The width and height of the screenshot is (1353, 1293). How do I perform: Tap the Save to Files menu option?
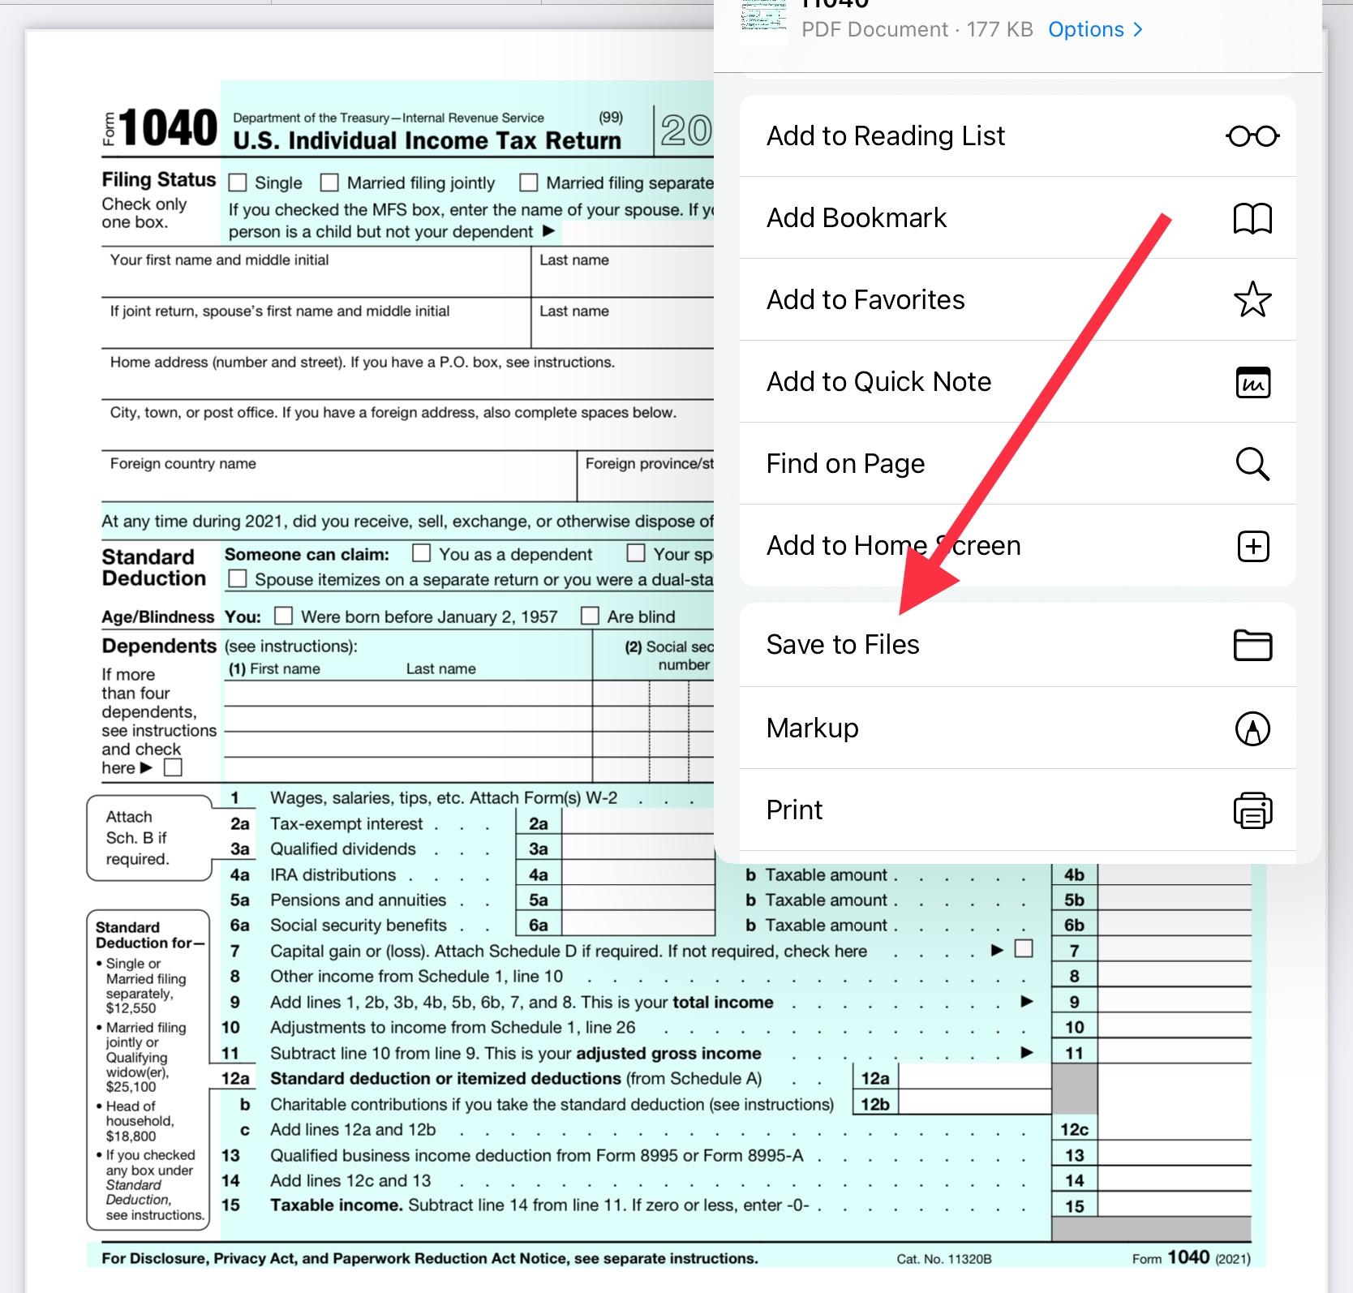tap(843, 645)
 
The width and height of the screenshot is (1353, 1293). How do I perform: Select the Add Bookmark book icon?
tap(1252, 218)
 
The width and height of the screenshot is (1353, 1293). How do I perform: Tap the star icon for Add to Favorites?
tap(1252, 300)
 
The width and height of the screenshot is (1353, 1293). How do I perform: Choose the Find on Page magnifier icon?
tap(1252, 464)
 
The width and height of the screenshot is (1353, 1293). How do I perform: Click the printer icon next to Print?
tap(1252, 810)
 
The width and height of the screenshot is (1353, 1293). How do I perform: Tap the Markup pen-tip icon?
tap(1252, 728)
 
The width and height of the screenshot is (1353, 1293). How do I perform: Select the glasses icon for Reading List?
tap(1252, 136)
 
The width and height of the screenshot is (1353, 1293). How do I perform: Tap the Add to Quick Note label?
tap(878, 382)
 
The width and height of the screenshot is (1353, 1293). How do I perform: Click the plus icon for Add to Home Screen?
tap(1252, 547)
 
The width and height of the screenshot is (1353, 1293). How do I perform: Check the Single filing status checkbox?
tap(238, 183)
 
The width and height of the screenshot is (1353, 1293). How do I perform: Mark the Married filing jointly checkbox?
tap(329, 183)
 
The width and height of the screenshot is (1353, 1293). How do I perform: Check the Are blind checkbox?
tap(590, 616)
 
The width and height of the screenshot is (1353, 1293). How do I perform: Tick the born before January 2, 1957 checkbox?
tap(283, 616)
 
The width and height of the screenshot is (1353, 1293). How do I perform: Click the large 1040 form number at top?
tap(169, 128)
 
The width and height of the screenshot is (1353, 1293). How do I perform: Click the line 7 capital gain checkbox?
tap(1024, 949)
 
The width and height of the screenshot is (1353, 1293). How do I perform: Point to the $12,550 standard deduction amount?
tap(131, 1008)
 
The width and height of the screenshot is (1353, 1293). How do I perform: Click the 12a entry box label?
tap(875, 1079)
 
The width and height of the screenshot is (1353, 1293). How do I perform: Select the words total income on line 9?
tap(723, 1003)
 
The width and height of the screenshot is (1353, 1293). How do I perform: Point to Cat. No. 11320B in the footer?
tap(943, 1259)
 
